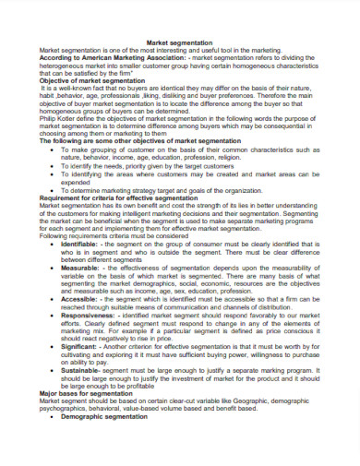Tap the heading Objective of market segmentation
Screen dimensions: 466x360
coord(92,81)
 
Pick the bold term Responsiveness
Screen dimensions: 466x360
coord(95,315)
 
